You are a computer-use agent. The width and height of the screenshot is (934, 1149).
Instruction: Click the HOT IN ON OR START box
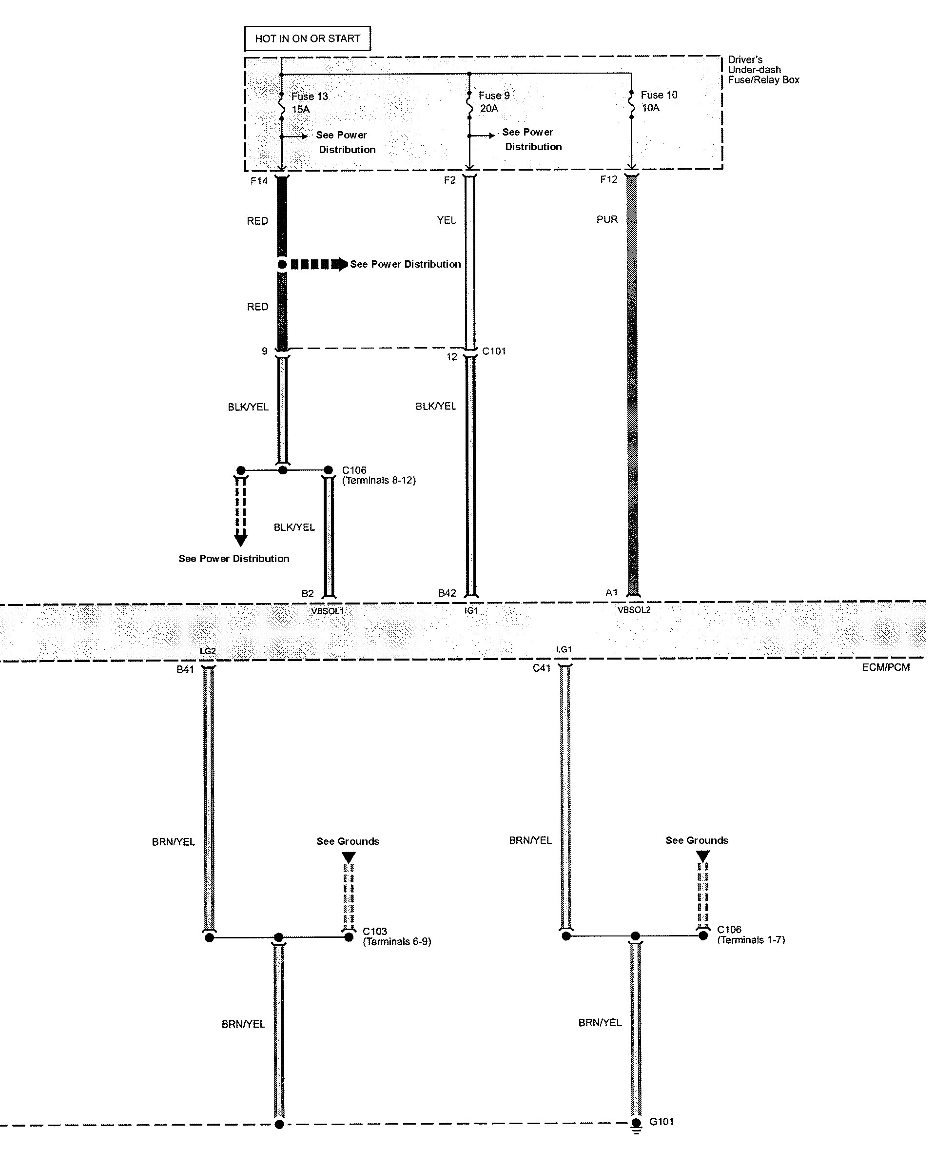[307, 39]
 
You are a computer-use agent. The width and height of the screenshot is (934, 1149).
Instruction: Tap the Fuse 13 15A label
[310, 103]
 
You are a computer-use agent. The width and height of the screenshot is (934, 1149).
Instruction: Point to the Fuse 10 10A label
[659, 101]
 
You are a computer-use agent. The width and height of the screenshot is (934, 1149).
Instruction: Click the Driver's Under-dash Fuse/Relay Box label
[763, 70]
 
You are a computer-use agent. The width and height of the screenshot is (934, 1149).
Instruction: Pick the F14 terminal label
[259, 181]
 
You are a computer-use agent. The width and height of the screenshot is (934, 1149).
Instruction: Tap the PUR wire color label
[607, 219]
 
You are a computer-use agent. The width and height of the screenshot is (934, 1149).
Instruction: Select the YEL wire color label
[446, 220]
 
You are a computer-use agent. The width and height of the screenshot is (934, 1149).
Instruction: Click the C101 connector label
[494, 351]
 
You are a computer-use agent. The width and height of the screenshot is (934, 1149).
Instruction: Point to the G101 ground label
[661, 1122]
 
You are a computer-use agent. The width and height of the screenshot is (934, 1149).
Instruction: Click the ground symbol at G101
[637, 1125]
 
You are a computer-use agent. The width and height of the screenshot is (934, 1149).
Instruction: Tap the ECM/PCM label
[886, 667]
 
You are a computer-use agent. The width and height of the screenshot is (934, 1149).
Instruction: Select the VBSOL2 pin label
[634, 610]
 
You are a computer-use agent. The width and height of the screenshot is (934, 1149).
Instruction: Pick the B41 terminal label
[185, 670]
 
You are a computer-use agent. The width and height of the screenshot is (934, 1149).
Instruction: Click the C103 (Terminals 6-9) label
[396, 936]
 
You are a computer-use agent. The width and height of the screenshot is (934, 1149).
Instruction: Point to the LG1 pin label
[564, 650]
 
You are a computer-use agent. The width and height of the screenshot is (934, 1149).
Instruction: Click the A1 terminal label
[612, 593]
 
